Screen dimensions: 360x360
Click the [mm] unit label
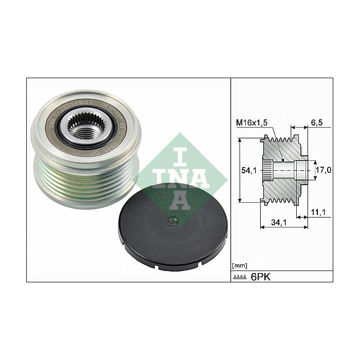pyautogui.click(x=240, y=265)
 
